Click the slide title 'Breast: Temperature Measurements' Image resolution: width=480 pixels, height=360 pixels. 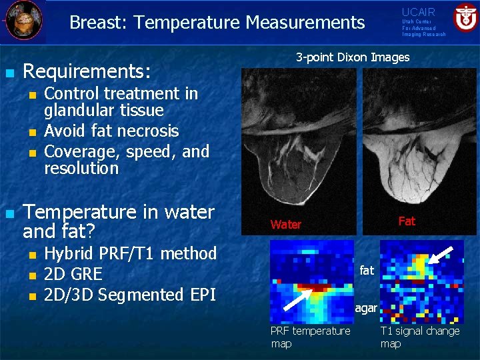pyautogui.click(x=217, y=23)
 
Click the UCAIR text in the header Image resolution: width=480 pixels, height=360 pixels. pyautogui.click(x=418, y=12)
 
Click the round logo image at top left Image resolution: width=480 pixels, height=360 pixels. pyautogui.click(x=25, y=19)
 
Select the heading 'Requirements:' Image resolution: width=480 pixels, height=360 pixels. pyautogui.click(x=87, y=71)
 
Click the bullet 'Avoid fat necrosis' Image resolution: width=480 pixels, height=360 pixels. pyautogui.click(x=111, y=131)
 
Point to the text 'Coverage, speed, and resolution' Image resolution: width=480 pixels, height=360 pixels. pyautogui.click(x=127, y=160)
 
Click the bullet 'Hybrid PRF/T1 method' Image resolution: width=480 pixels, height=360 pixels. pyautogui.click(x=130, y=253)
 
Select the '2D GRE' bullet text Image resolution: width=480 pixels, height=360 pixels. pyautogui.click(x=73, y=274)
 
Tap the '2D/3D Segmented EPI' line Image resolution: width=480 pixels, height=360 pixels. pyautogui.click(x=130, y=295)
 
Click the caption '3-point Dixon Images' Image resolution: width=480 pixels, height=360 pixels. pyautogui.click(x=353, y=57)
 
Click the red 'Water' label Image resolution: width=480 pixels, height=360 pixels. pyautogui.click(x=286, y=225)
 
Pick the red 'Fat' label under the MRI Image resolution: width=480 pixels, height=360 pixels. pyautogui.click(x=407, y=221)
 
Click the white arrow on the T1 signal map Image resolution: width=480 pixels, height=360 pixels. pyautogui.click(x=441, y=257)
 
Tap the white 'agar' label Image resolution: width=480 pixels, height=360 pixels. pyautogui.click(x=366, y=309)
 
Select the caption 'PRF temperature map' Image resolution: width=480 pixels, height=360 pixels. pyautogui.click(x=310, y=337)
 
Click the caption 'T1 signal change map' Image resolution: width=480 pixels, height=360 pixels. pyautogui.click(x=420, y=337)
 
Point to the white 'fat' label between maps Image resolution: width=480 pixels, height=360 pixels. pyautogui.click(x=367, y=271)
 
